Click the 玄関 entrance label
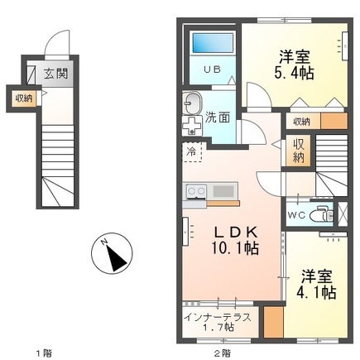(x=56, y=74)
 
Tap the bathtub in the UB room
(x=213, y=43)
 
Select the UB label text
(x=212, y=70)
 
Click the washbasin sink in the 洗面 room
(x=193, y=103)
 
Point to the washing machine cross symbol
(x=192, y=126)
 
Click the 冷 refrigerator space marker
(x=191, y=151)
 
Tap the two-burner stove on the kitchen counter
(x=196, y=191)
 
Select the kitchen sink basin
(x=223, y=191)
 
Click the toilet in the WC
(x=322, y=214)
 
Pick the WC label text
(x=296, y=215)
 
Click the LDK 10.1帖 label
(x=235, y=240)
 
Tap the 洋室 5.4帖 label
(x=294, y=65)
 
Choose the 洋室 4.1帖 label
(x=316, y=285)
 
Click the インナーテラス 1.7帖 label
(x=218, y=322)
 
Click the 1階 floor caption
(x=45, y=353)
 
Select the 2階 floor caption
(x=223, y=353)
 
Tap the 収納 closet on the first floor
(x=24, y=98)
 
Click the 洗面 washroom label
(x=218, y=118)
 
